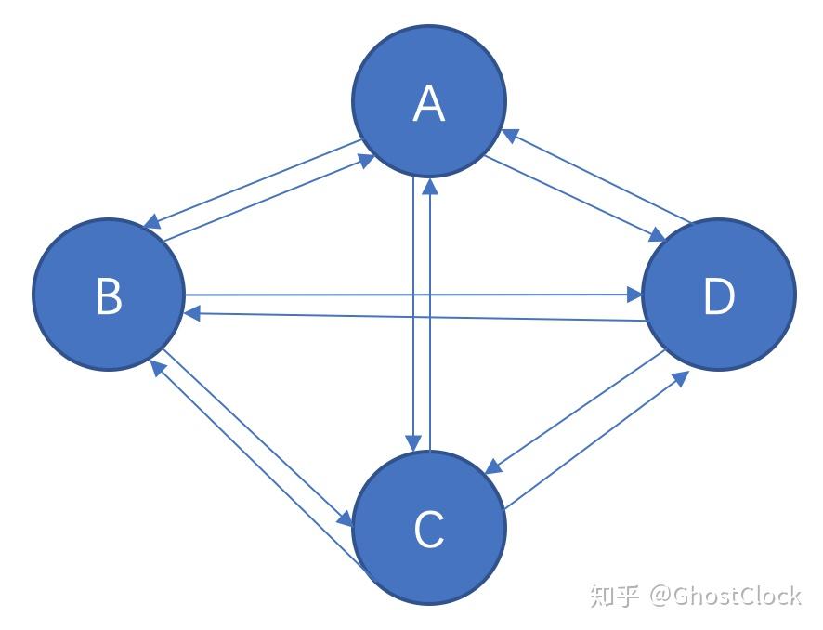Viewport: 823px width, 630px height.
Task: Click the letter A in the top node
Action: coord(428,103)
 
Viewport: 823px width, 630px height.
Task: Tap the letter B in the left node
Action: coord(109,297)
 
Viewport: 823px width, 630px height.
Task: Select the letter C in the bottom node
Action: coord(428,529)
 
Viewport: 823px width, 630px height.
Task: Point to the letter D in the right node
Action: coord(718,297)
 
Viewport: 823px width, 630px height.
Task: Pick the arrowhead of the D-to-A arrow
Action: coord(510,135)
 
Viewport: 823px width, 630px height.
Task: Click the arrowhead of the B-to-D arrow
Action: coord(635,295)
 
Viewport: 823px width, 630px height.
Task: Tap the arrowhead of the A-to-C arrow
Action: coord(411,443)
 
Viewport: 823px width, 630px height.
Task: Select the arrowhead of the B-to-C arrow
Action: coord(346,521)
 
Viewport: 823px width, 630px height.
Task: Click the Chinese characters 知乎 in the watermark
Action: coord(614,595)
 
